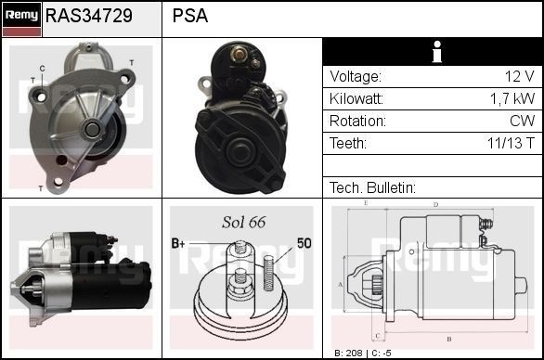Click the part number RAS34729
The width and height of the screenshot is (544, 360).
[x=89, y=17]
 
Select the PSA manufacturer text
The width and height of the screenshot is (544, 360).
[x=190, y=17]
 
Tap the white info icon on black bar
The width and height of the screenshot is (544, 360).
[x=433, y=52]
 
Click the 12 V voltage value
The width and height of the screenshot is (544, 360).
[x=519, y=77]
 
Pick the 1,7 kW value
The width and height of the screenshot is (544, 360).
[x=512, y=99]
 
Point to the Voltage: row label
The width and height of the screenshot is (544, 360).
[x=356, y=77]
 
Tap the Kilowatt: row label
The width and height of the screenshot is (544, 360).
[x=356, y=99]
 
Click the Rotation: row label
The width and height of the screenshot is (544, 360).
[x=357, y=122]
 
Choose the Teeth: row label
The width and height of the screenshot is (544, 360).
[x=348, y=144]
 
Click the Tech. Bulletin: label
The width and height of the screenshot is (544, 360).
[x=371, y=187]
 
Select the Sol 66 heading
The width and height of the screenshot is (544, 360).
[x=243, y=223]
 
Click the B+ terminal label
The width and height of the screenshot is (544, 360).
[x=179, y=243]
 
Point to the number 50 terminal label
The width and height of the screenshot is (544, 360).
[x=304, y=243]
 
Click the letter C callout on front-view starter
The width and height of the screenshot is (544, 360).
[x=43, y=69]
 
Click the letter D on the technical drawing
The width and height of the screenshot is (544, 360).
[x=436, y=203]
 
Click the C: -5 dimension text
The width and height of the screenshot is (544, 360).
[x=382, y=354]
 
